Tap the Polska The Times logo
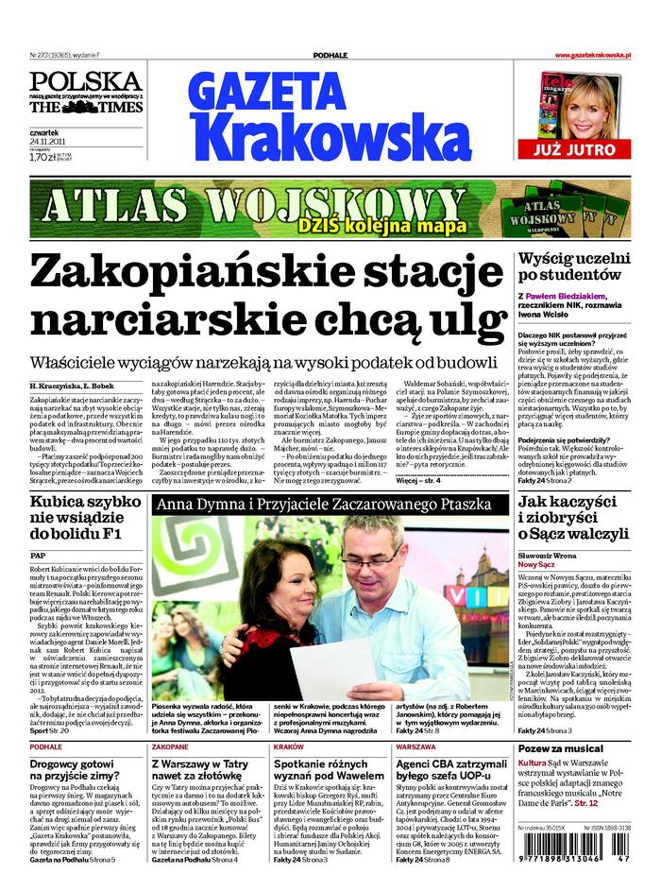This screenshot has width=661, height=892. coord(86,93)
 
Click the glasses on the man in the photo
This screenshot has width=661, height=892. coord(372,557)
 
